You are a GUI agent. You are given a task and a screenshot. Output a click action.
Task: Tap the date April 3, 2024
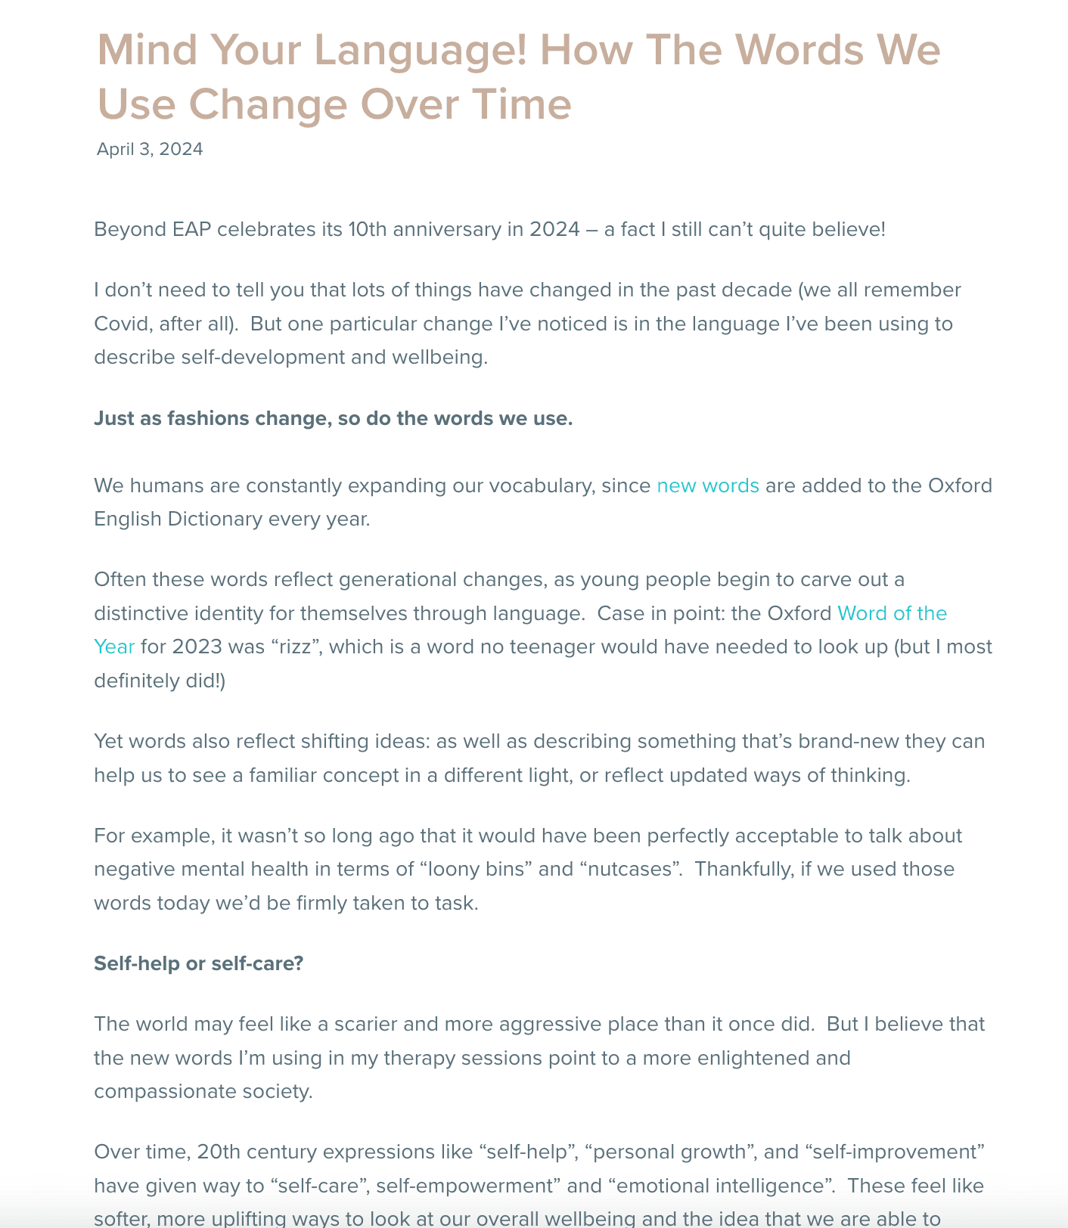pyautogui.click(x=150, y=149)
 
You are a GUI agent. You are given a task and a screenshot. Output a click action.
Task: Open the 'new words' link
pyautogui.click(x=708, y=485)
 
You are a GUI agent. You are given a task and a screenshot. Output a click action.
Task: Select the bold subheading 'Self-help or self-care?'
pyautogui.click(x=198, y=963)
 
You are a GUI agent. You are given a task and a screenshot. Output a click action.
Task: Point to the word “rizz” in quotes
pyautogui.click(x=296, y=647)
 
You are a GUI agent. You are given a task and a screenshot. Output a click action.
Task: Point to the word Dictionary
pyautogui.click(x=215, y=519)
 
